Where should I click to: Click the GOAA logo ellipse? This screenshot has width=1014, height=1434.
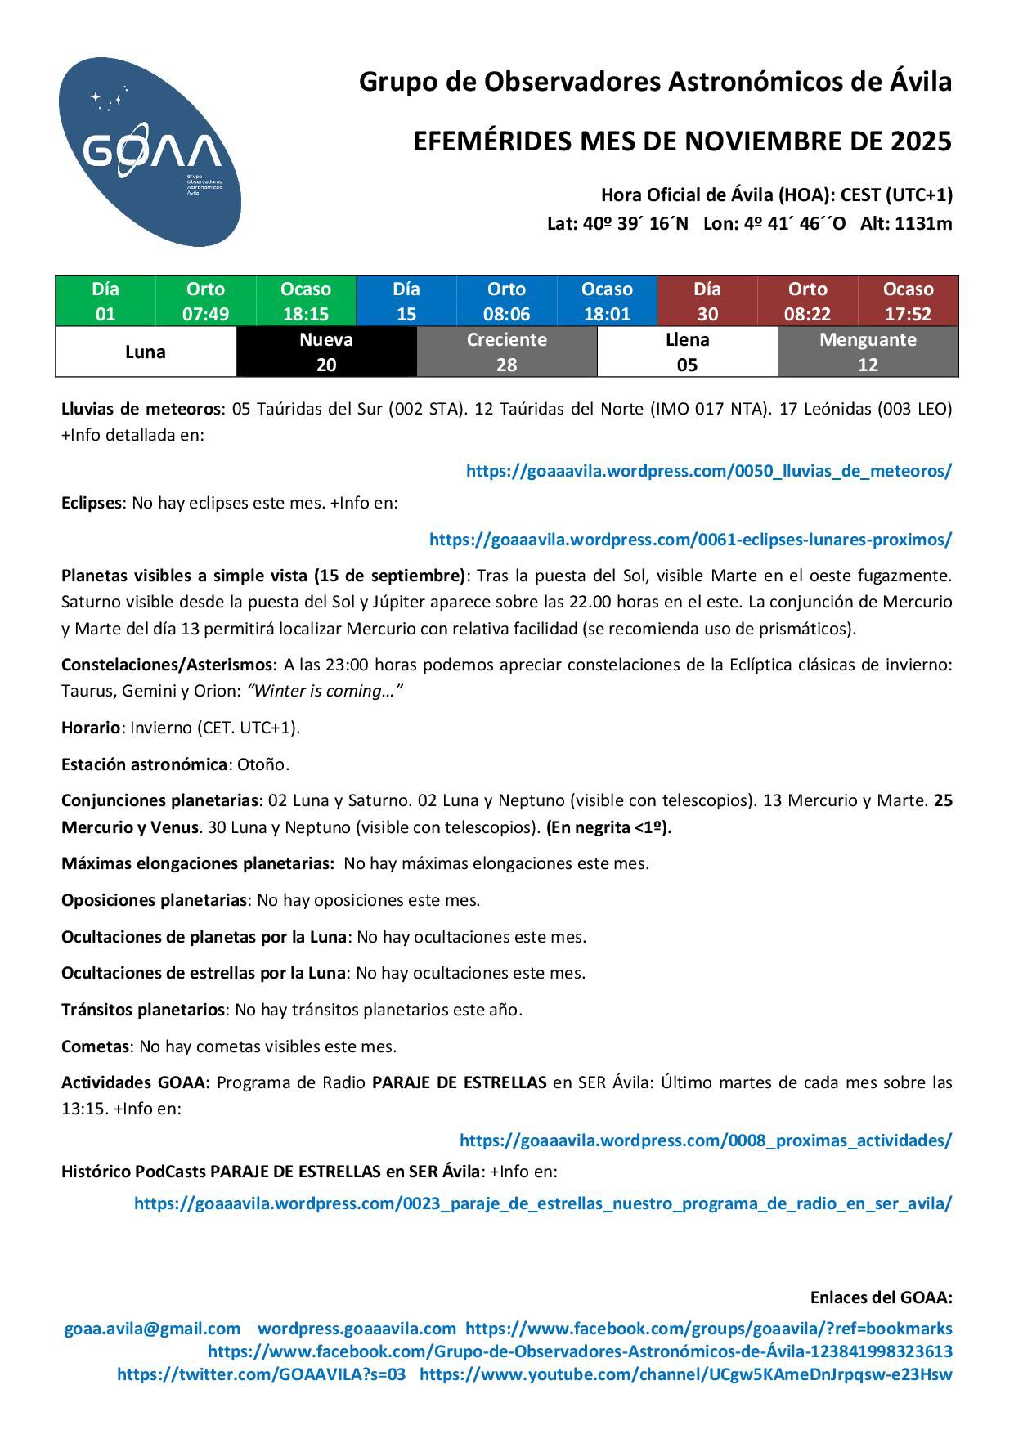[150, 152]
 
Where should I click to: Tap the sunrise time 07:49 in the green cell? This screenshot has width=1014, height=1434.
[205, 314]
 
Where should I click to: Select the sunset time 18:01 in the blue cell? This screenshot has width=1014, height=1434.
[607, 314]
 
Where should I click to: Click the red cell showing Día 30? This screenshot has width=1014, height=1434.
[707, 301]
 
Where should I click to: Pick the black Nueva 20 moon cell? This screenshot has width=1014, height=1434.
[326, 352]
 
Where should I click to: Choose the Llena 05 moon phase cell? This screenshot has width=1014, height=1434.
[687, 352]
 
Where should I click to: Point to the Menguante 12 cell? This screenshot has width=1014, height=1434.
[868, 352]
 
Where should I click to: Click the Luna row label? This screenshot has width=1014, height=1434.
[146, 352]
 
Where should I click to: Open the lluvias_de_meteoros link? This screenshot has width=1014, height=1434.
[708, 471]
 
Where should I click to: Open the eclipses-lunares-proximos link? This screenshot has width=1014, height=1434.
[690, 540]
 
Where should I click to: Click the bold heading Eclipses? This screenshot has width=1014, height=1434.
[92, 503]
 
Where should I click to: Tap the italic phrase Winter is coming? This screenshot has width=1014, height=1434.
[325, 691]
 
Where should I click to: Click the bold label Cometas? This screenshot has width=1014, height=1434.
[95, 1046]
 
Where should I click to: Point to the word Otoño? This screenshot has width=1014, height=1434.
[263, 764]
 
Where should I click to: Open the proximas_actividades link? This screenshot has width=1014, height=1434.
[705, 1140]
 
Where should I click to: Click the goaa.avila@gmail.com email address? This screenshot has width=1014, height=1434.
[152, 1329]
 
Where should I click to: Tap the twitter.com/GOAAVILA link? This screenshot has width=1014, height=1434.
[261, 1374]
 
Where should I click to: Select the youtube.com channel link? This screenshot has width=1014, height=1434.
[685, 1374]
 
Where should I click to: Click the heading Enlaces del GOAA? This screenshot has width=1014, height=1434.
[881, 1297]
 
